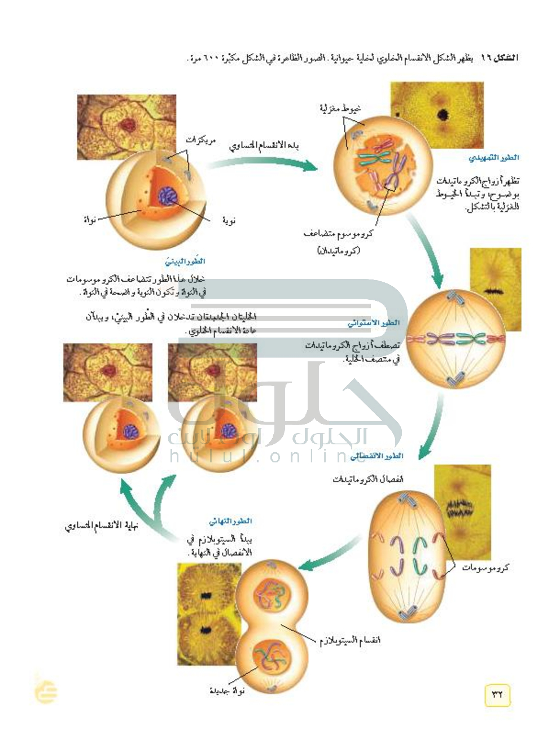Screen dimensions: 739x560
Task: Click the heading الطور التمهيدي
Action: click(x=493, y=158)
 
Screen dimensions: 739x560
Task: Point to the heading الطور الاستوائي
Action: click(x=374, y=323)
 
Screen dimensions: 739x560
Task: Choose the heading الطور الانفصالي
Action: click(x=376, y=456)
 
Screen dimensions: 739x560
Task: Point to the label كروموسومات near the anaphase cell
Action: click(x=485, y=567)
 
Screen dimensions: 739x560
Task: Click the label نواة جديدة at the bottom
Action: click(x=227, y=690)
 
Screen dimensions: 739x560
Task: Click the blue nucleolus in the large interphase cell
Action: click(x=168, y=196)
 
